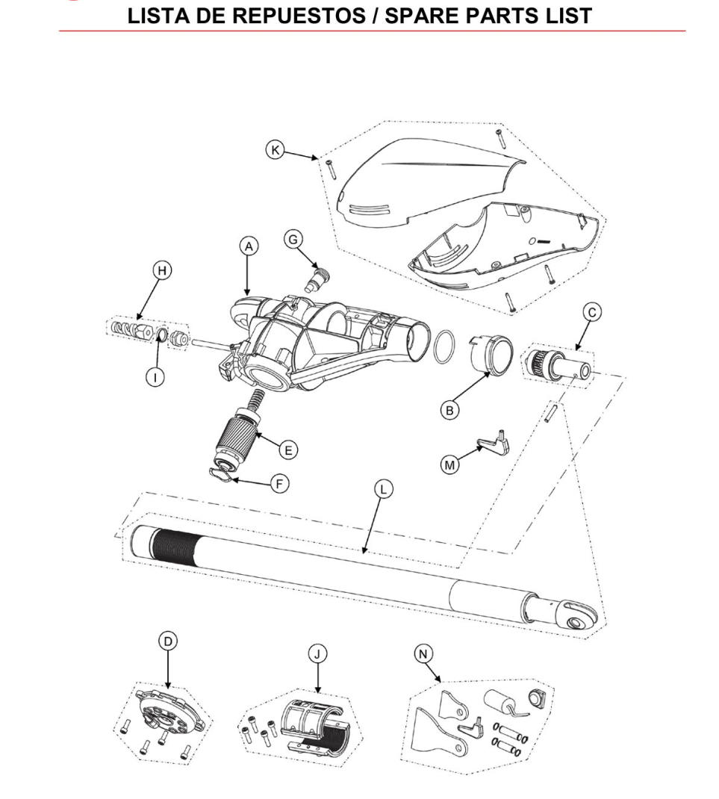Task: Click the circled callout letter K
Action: click(x=276, y=149)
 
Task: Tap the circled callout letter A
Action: click(x=248, y=246)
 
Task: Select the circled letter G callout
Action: click(x=293, y=240)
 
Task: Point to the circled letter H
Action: click(x=161, y=270)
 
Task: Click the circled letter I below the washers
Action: click(x=155, y=376)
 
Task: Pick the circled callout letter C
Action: click(x=591, y=313)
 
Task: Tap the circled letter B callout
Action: click(x=449, y=409)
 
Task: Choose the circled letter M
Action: click(x=449, y=464)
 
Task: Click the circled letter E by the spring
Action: click(x=287, y=450)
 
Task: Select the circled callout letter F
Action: click(x=279, y=483)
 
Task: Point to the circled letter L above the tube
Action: click(x=383, y=489)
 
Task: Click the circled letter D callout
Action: click(x=168, y=641)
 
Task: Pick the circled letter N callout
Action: click(x=423, y=654)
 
